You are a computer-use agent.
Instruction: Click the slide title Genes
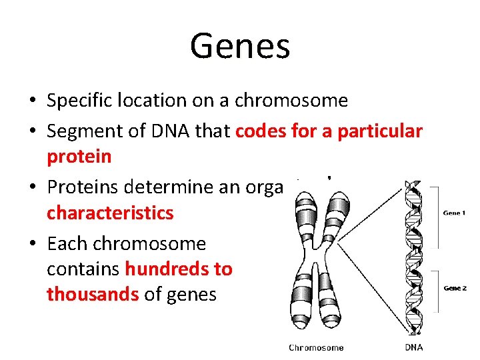tap(240, 46)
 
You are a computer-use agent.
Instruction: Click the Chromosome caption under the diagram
tap(316, 347)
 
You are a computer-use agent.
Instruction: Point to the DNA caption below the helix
tap(413, 347)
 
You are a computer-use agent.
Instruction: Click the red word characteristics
tap(110, 213)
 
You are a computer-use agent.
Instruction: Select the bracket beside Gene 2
tap(435, 291)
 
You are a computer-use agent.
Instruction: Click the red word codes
tap(261, 132)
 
